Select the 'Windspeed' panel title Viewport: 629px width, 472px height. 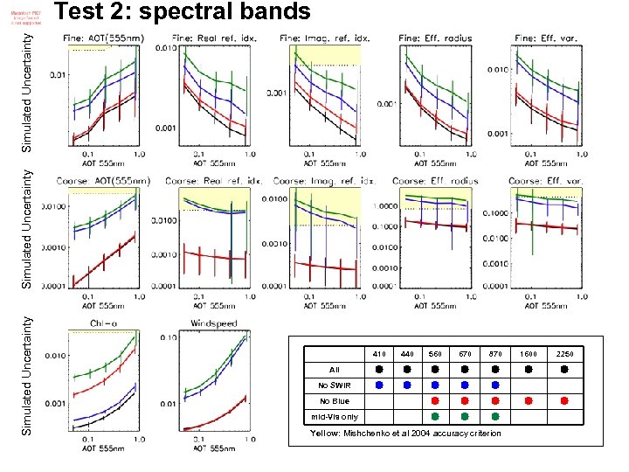(212, 323)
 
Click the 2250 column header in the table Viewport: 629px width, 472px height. (564, 354)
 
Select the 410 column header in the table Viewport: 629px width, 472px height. (380, 354)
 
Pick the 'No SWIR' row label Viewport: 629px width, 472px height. (335, 385)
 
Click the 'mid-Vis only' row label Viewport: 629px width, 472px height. (335, 416)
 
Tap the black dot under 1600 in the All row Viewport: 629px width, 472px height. (529, 369)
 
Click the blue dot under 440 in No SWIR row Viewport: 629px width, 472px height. (407, 385)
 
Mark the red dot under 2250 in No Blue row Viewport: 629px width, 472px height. (564, 400)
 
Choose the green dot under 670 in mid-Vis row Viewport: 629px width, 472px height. (466, 416)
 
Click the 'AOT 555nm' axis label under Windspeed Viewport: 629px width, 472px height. (214, 448)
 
